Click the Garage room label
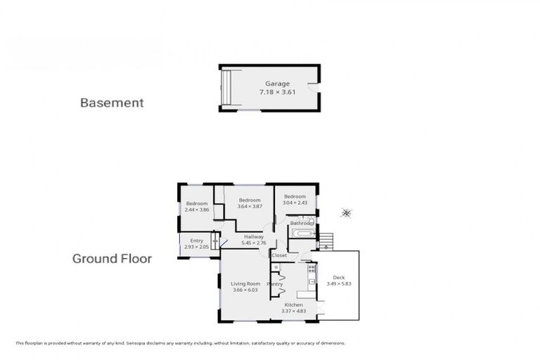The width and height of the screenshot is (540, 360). (277, 84)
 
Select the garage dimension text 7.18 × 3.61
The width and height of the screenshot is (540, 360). (277, 92)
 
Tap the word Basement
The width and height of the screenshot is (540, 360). (112, 103)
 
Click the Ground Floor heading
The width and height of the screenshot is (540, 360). (112, 259)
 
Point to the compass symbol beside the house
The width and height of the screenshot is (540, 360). (346, 212)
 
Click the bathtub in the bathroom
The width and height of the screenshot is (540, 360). (302, 233)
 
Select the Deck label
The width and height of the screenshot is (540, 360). (338, 277)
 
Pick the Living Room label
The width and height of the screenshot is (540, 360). (245, 283)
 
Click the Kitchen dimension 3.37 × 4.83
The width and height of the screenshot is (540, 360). (293, 311)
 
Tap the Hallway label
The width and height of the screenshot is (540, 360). (254, 236)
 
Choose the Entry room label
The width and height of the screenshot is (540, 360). (197, 240)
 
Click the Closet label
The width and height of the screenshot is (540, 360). (279, 255)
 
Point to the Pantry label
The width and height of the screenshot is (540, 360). (274, 283)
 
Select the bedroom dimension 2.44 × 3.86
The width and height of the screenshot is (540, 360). (197, 210)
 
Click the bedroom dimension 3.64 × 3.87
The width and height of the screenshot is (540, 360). (250, 206)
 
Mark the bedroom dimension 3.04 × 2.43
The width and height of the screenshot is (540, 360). (295, 202)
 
